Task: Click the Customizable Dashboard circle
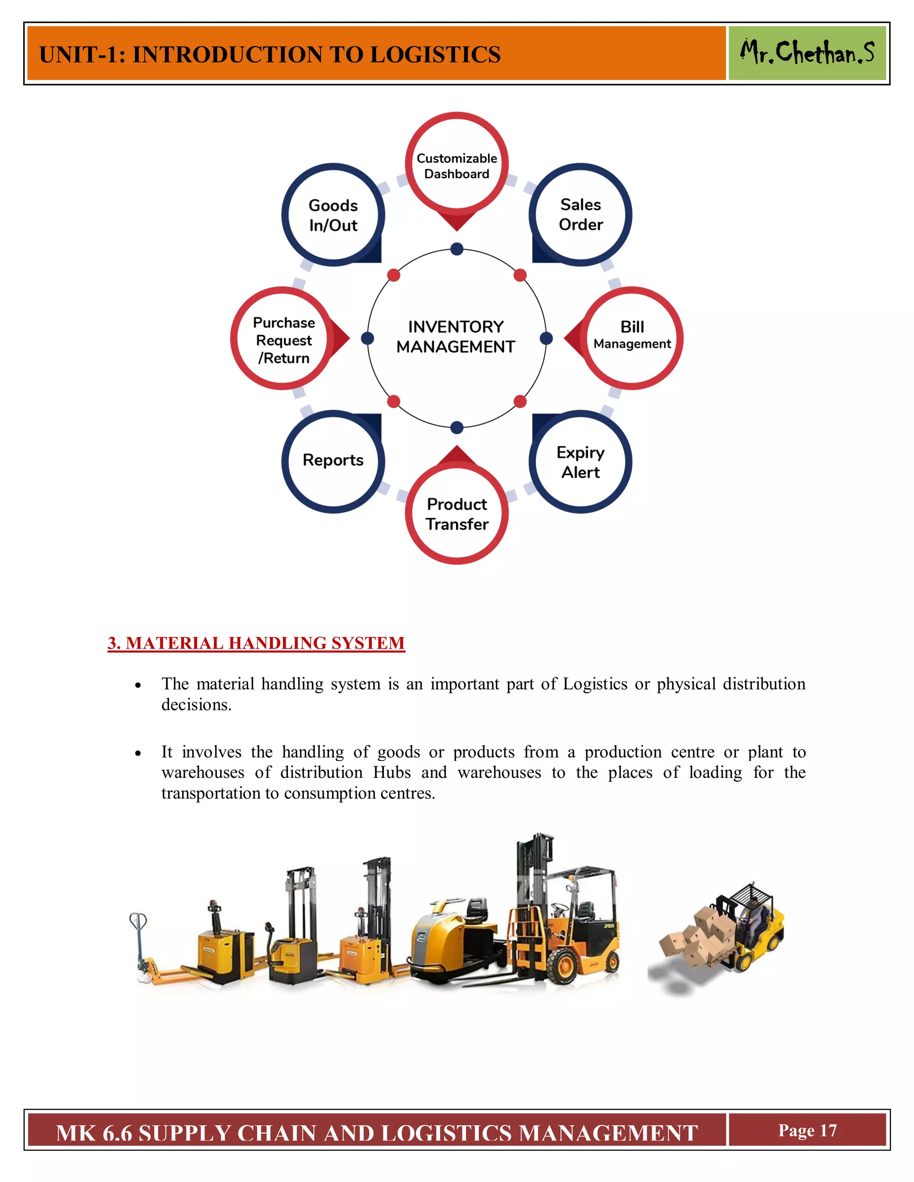457,165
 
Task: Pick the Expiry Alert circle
581,462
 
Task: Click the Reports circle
333,461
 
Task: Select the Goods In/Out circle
333,215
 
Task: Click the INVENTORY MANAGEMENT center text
456,337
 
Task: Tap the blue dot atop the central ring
457,249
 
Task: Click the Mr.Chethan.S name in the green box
807,53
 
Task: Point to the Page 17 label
807,1130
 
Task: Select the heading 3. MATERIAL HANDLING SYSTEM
256,643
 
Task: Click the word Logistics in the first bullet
594,684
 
